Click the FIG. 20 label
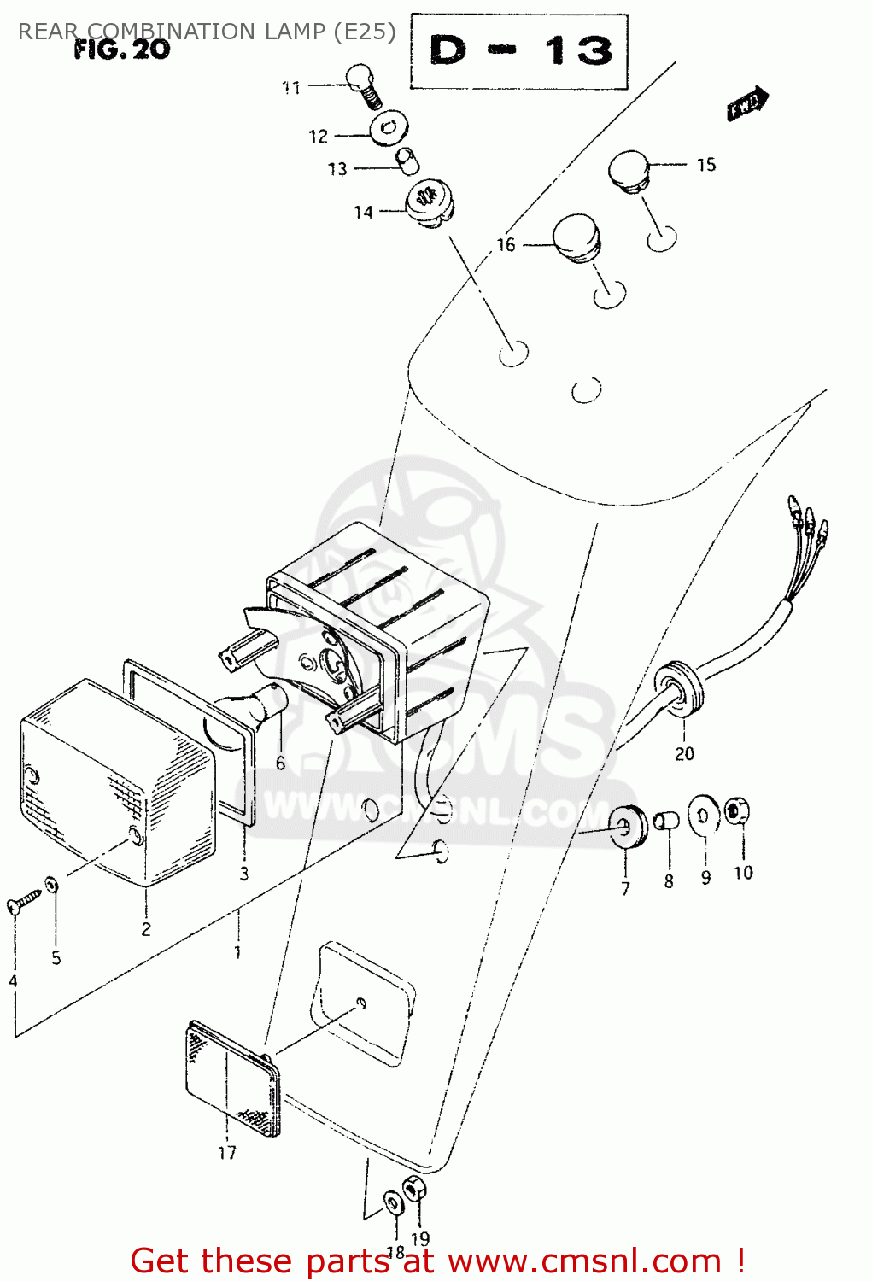click(x=121, y=50)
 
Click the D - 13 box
click(x=519, y=52)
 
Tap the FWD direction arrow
click(x=747, y=104)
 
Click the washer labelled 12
click(x=389, y=129)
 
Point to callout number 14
click(x=363, y=213)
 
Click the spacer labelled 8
click(x=666, y=822)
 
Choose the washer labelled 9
click(x=705, y=813)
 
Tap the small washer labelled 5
click(x=53, y=883)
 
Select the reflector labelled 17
click(x=232, y=1079)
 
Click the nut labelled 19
click(x=413, y=1188)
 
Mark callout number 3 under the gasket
click(x=244, y=874)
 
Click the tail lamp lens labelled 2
click(x=115, y=781)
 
